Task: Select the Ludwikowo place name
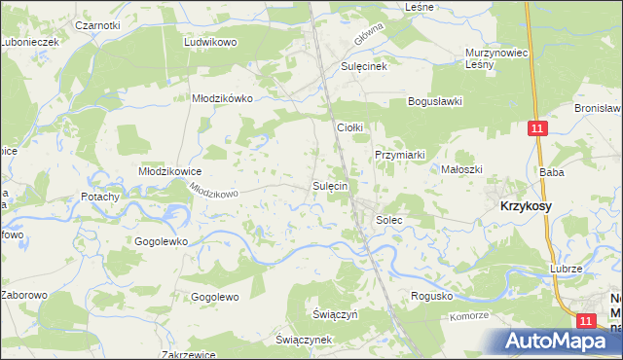211,43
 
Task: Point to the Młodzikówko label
222,98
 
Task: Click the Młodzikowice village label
169,171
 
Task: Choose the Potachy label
100,197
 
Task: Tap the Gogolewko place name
161,240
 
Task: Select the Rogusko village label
433,296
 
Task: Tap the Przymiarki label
400,155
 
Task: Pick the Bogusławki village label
434,101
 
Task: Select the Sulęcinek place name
364,66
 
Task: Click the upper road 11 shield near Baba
538,128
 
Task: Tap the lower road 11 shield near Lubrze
585,320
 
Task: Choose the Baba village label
552,172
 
